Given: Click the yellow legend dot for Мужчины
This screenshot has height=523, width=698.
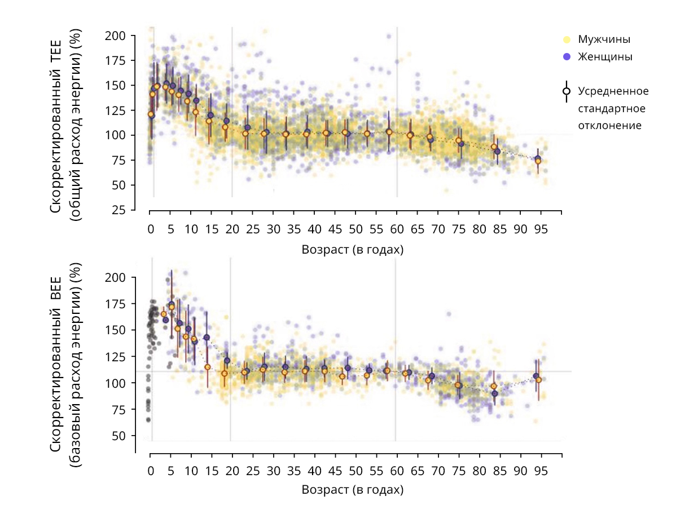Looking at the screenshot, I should (x=567, y=40).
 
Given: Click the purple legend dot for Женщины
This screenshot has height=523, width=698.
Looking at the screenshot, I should (x=567, y=57).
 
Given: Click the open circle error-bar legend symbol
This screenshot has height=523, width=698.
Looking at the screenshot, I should (x=567, y=91).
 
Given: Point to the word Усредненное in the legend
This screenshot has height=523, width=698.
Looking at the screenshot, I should (x=613, y=91).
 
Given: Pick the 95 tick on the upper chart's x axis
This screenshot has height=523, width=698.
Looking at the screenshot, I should (x=541, y=230).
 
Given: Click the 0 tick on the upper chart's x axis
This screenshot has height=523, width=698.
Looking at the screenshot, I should (x=150, y=230).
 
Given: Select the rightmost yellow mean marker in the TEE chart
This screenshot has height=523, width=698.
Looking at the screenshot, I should (x=538, y=161).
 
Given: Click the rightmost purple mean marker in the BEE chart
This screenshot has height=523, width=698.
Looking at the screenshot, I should (x=536, y=376).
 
